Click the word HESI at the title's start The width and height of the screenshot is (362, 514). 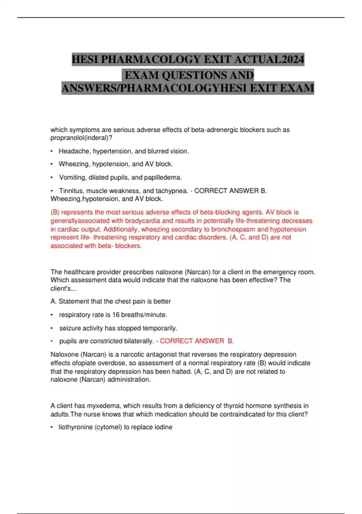pyautogui.click(x=85, y=59)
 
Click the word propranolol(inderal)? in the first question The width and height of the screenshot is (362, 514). pyautogui.click(x=81, y=138)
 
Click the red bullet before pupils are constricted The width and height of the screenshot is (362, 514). pyautogui.click(x=52, y=341)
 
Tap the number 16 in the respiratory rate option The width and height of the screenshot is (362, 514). pyautogui.click(x=116, y=315)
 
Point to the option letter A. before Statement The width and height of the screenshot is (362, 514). pyautogui.click(x=54, y=301)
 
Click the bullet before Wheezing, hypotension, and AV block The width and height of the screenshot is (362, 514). pyautogui.click(x=52, y=164)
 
